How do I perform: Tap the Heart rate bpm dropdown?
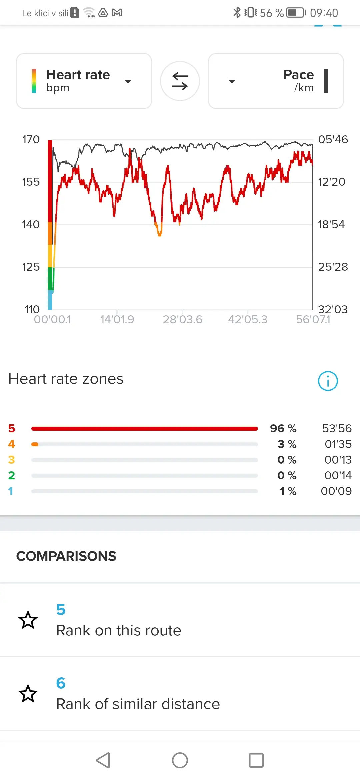[84, 81]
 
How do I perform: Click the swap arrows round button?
[180, 81]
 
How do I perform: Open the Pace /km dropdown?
[276, 81]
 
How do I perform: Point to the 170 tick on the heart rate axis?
[31, 139]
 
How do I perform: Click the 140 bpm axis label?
[31, 224]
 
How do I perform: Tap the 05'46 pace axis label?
[333, 139]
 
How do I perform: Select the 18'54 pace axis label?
[331, 224]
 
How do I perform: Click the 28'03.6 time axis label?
[182, 319]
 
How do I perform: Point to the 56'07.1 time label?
[313, 319]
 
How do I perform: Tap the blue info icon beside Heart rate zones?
[328, 381]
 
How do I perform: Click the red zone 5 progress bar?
[144, 429]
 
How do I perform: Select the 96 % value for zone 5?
[283, 428]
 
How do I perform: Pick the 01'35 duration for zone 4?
[338, 444]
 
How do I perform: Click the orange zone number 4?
[12, 444]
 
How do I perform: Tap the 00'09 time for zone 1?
[336, 491]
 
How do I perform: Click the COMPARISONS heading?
[66, 556]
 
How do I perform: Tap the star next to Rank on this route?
[28, 620]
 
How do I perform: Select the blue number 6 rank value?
[61, 683]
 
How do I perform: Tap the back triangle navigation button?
[103, 760]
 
